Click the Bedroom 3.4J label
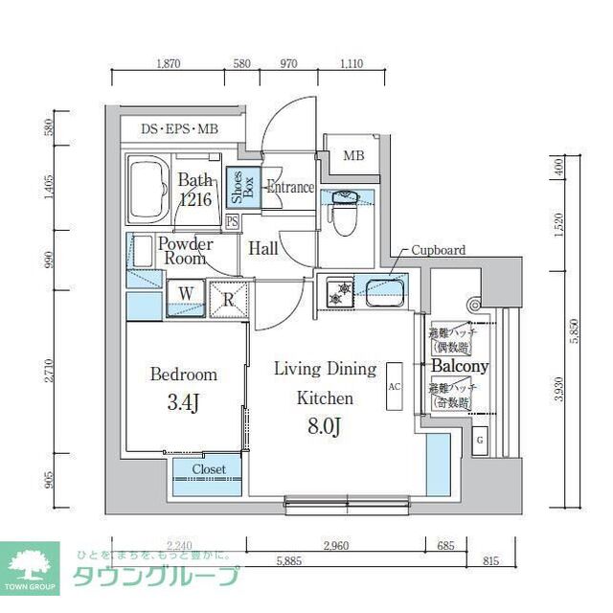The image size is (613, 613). point(183,387)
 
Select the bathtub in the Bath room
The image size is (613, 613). point(149,187)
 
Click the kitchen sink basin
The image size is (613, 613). point(380,290)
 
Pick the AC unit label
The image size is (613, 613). point(394,387)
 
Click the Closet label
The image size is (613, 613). point(208,469)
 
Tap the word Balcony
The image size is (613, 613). point(459,366)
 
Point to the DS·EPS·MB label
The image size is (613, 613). point(179,127)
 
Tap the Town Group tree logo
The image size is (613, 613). point(29,564)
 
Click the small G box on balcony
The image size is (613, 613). point(481,441)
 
